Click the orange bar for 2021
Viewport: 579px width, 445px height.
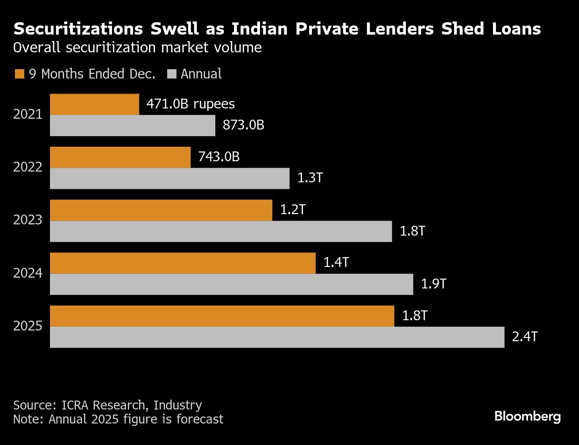pos(94,104)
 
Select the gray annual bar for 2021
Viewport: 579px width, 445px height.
pos(133,125)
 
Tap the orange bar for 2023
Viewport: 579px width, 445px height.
pos(161,210)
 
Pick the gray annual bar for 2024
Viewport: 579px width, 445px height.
pos(232,284)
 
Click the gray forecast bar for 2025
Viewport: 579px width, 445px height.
pos(277,337)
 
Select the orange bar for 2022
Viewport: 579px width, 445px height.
pos(120,157)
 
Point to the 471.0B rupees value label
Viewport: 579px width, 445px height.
pos(191,104)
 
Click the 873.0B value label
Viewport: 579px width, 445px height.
pos(244,125)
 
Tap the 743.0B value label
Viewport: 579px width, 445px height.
pos(219,157)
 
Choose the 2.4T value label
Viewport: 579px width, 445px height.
pos(525,337)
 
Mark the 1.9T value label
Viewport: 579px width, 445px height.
pos(434,284)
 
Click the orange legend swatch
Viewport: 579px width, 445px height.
pos(19,74)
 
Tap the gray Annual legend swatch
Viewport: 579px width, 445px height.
pos(171,74)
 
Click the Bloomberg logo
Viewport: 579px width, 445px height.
pos(528,416)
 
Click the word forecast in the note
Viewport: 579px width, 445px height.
pos(199,419)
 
